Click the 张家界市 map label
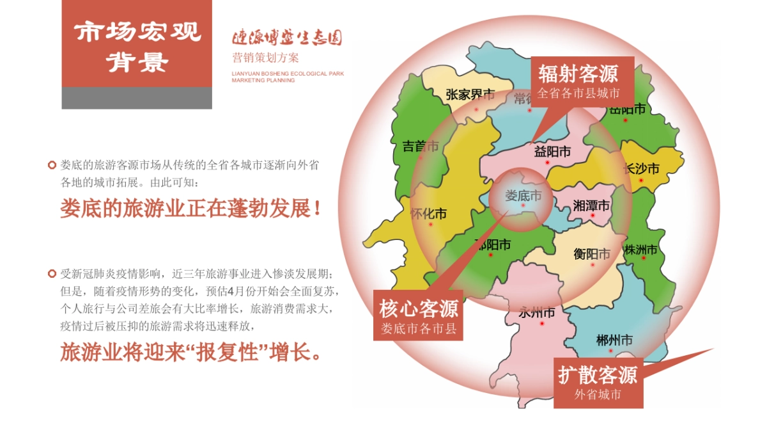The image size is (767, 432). (470, 95)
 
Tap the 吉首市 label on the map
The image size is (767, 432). (421, 146)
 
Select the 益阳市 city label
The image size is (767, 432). (552, 152)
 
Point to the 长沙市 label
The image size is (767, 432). (640, 168)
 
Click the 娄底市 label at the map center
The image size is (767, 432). (523, 195)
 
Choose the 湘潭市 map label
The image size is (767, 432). (591, 205)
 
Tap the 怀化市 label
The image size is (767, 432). (428, 214)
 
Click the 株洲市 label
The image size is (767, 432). (641, 250)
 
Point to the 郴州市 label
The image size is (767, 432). (614, 340)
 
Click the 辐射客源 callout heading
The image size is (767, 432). (578, 74)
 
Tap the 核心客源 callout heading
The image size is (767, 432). (419, 310)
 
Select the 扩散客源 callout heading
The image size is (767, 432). (598, 374)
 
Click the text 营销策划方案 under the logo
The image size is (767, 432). (265, 58)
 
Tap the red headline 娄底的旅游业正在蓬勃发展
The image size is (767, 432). (190, 209)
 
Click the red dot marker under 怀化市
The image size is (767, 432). (431, 225)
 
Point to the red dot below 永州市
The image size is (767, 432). (542, 324)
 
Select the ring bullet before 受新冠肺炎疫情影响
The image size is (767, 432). (52, 274)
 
